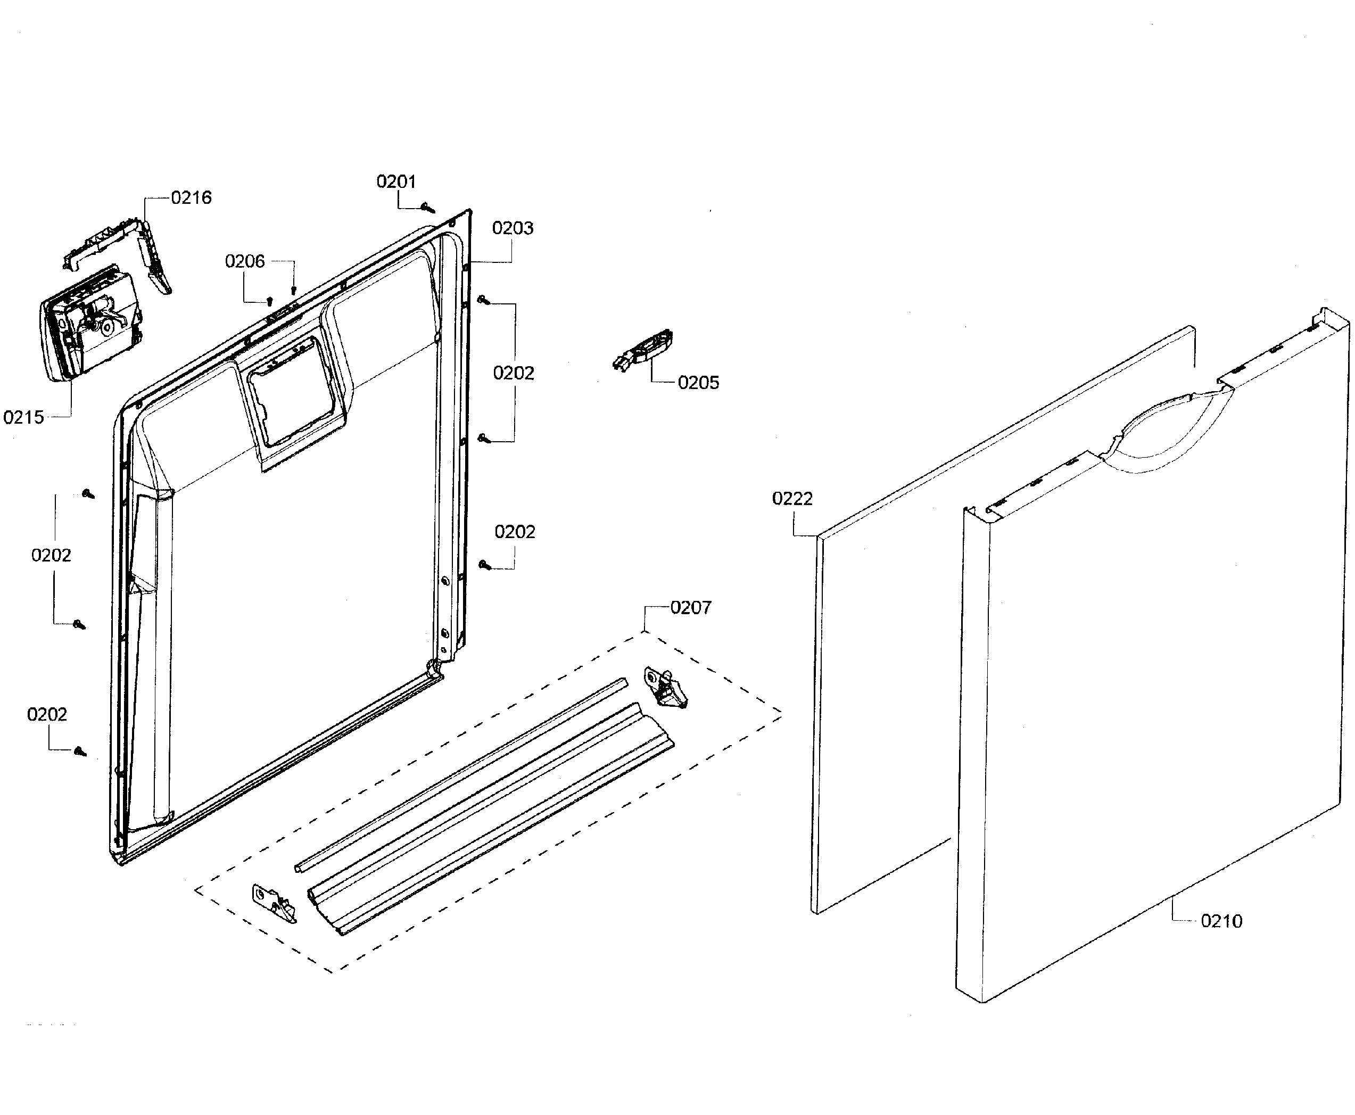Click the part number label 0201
(395, 182)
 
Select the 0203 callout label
(513, 228)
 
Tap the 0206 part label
(245, 261)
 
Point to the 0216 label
(192, 198)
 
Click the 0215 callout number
(24, 417)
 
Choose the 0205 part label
(698, 383)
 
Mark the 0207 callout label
(690, 608)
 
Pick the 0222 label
(792, 498)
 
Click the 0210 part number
(1221, 921)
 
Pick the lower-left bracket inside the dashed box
(274, 903)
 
